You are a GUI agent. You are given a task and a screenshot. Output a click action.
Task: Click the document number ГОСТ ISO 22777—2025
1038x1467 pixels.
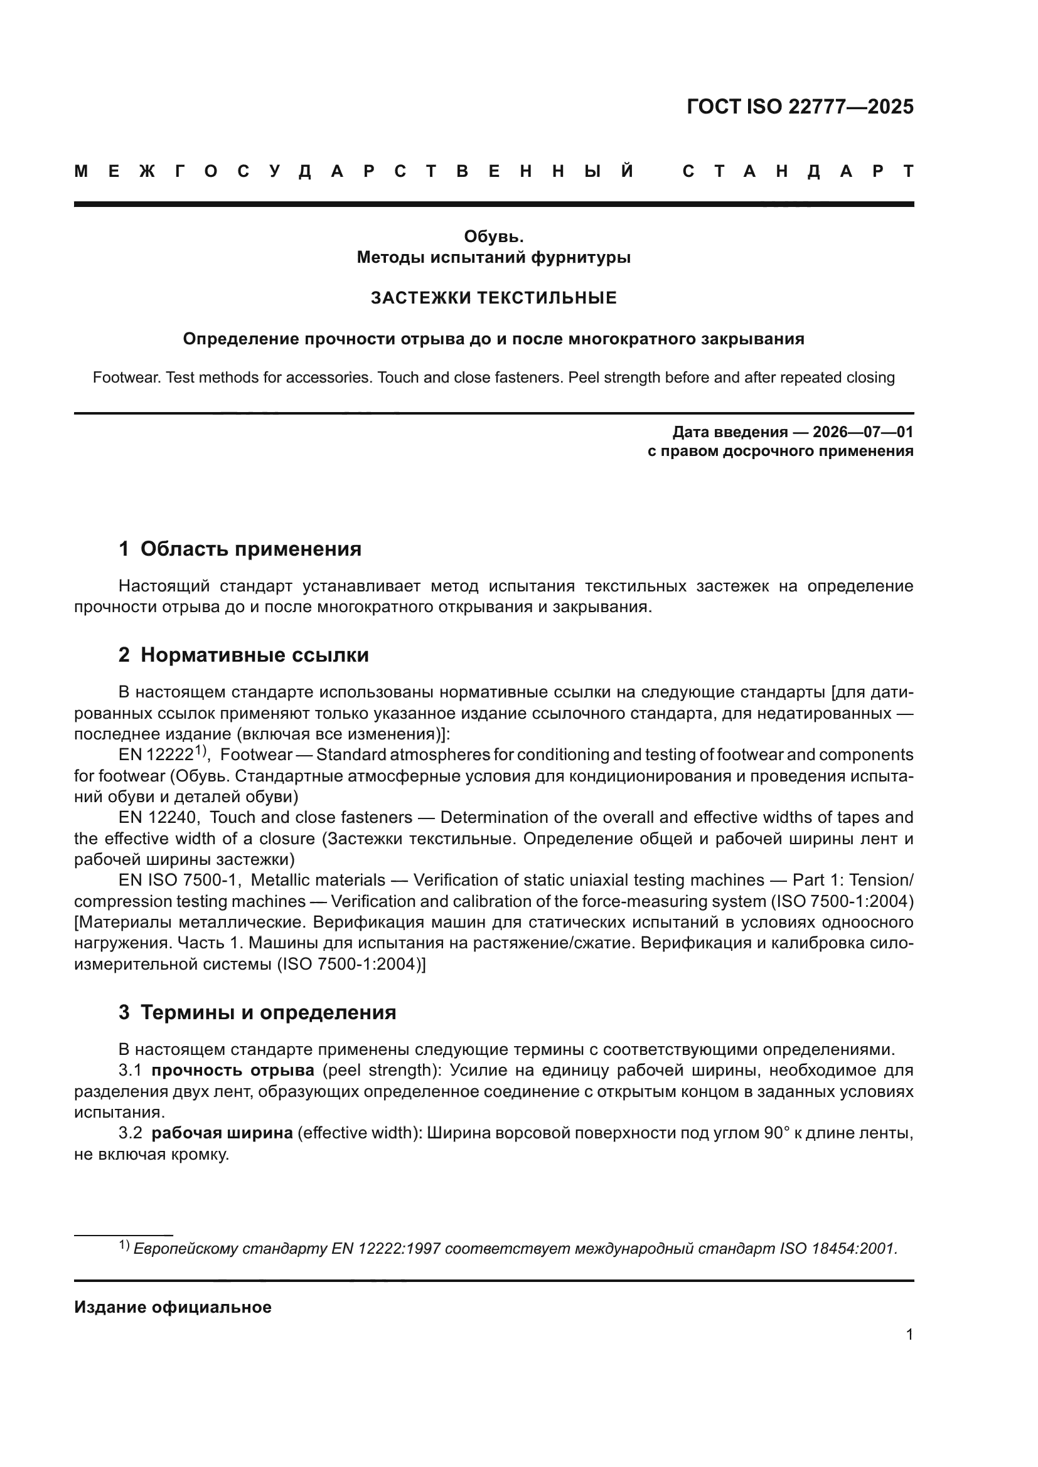pyautogui.click(x=800, y=107)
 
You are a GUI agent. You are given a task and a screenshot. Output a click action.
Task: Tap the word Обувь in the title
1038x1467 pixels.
pyautogui.click(x=493, y=236)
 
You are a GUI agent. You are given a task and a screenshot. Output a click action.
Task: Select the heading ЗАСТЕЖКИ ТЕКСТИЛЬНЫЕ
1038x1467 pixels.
pyautogui.click(x=493, y=298)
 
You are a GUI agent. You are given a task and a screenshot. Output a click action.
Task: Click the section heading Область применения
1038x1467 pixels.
pyautogui.click(x=250, y=549)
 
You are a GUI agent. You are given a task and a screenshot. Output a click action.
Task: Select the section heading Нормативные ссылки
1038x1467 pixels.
pyautogui.click(x=254, y=655)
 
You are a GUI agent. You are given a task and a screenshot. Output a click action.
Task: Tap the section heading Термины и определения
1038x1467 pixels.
pyautogui.click(x=268, y=1012)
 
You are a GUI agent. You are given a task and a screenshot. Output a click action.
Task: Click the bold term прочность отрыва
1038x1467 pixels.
pyautogui.click(x=233, y=1070)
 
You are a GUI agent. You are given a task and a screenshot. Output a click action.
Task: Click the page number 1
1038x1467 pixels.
pyautogui.click(x=909, y=1334)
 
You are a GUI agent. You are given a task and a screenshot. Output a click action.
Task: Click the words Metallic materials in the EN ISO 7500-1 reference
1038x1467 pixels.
pyautogui.click(x=318, y=880)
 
